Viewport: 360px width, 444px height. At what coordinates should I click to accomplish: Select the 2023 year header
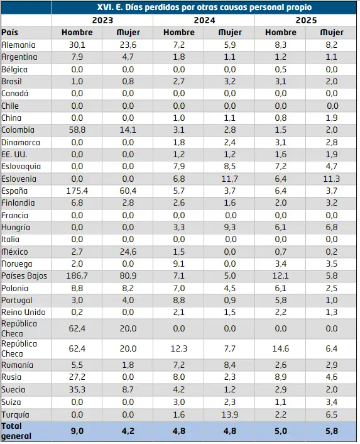102,20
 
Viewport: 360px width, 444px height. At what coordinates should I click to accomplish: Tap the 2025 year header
306,20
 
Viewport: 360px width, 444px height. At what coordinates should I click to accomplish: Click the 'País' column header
10,32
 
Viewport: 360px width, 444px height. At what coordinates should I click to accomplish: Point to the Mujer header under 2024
230,33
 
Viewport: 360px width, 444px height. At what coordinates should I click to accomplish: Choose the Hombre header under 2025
281,32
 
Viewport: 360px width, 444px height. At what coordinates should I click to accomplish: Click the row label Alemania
18,45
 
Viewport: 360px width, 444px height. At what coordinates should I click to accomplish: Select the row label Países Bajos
24,276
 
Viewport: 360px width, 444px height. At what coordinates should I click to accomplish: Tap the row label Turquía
15,414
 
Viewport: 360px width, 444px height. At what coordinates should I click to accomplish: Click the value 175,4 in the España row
77,191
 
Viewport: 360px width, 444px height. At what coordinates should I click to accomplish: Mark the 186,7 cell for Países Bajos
77,276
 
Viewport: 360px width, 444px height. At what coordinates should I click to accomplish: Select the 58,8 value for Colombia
77,130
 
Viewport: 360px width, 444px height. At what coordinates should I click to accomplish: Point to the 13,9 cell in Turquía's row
229,415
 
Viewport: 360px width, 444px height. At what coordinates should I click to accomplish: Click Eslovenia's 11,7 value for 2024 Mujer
229,179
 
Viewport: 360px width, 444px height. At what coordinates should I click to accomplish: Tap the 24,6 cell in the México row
128,252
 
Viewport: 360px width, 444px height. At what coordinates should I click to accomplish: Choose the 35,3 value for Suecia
77,390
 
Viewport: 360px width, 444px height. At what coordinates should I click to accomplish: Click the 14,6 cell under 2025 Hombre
281,348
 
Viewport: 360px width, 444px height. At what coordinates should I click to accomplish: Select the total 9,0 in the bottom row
77,431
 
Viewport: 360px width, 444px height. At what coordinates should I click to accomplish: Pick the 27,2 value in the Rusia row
77,377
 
